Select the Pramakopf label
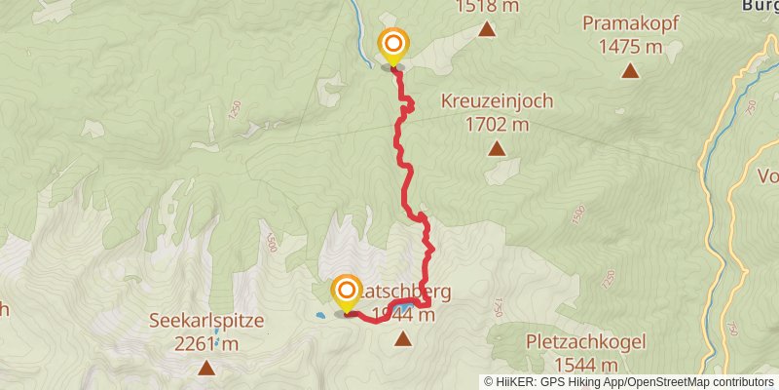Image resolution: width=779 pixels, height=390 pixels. [630, 22]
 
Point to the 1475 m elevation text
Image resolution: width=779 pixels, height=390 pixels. [630, 46]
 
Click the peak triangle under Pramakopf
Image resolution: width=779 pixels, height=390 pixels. [631, 70]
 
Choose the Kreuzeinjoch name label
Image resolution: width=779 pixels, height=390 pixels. [497, 100]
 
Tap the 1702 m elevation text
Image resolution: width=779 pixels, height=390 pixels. [497, 124]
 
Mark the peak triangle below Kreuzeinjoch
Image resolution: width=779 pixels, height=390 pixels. [497, 149]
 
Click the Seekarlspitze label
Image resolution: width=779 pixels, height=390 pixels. [207, 320]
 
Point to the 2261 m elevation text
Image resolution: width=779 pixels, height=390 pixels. [207, 343]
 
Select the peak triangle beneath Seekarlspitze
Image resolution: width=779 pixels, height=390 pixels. [206, 368]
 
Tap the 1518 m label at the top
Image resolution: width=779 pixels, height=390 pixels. [488, 6]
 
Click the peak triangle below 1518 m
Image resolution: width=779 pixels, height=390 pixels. [487, 29]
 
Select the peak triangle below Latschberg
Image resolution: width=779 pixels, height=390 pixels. [403, 339]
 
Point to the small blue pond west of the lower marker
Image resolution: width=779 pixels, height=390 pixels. [319, 316]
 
